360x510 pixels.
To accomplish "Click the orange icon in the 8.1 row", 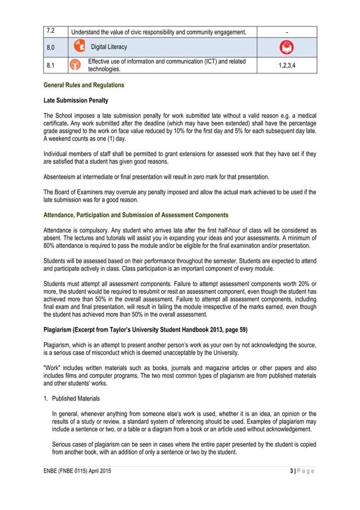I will pyautogui.click(x=74, y=66).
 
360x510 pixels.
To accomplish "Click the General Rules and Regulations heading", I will pyautogui.click(x=84, y=85).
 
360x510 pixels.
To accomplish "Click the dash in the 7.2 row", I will pyautogui.click(x=287, y=32).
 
